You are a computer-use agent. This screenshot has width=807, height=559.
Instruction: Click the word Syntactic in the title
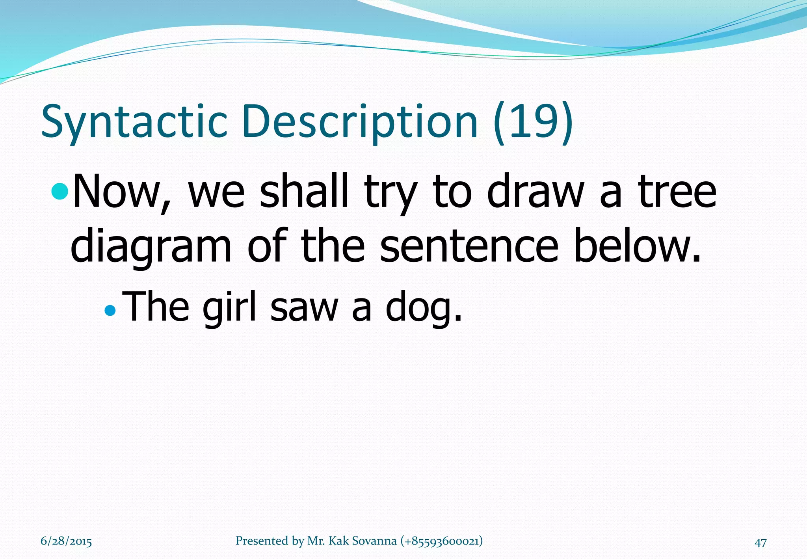[x=134, y=121]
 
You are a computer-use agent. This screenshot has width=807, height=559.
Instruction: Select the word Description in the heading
[x=360, y=121]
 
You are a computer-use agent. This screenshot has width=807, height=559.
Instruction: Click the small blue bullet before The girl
[x=110, y=311]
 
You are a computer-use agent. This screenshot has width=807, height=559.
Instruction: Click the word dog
[x=422, y=307]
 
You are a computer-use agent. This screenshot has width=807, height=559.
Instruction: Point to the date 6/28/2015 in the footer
[x=66, y=541]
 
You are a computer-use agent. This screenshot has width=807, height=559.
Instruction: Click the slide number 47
[x=760, y=543]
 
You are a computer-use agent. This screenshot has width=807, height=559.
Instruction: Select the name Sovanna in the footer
[x=374, y=541]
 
